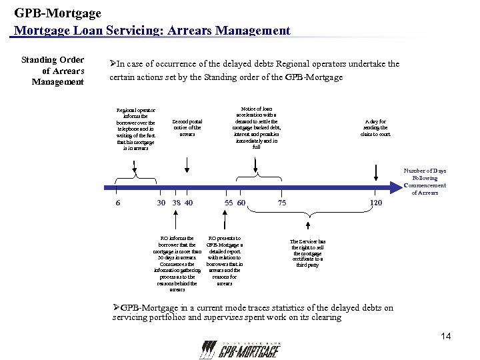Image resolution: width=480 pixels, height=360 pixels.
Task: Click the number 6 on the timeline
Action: pyautogui.click(x=118, y=203)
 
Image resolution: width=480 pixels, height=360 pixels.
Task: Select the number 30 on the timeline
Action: pyautogui.click(x=161, y=203)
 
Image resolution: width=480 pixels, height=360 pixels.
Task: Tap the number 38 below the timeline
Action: pyautogui.click(x=176, y=203)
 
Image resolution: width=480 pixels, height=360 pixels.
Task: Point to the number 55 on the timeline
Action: pyautogui.click(x=228, y=203)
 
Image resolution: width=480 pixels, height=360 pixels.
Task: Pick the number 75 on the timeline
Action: pyautogui.click(x=282, y=203)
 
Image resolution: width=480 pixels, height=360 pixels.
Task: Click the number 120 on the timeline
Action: pyautogui.click(x=376, y=203)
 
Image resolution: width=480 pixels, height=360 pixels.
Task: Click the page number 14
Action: pyautogui.click(x=446, y=337)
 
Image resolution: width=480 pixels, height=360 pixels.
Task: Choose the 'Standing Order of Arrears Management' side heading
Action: pyautogui.click(x=53, y=71)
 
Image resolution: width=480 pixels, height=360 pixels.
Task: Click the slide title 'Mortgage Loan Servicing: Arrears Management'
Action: pyautogui.click(x=152, y=30)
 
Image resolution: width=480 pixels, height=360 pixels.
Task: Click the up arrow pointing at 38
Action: pyautogui.click(x=177, y=219)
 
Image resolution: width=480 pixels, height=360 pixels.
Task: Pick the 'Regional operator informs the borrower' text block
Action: pyautogui.click(x=135, y=129)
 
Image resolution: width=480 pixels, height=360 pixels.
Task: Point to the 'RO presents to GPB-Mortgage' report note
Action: pyautogui.click(x=225, y=261)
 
